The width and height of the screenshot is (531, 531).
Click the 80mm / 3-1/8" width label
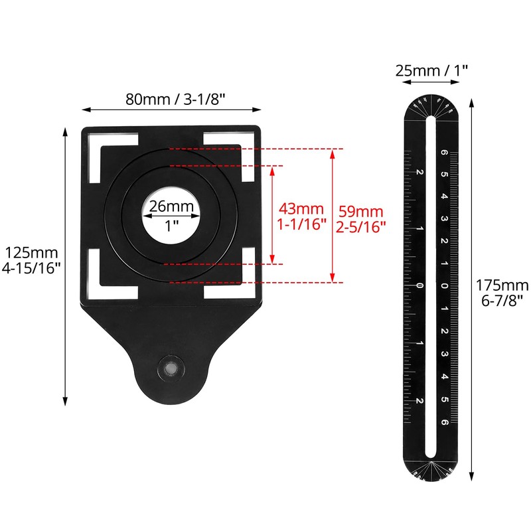(x=176, y=99)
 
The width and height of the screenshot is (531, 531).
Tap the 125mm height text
(x=32, y=253)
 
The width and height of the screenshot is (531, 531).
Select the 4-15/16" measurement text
(x=32, y=268)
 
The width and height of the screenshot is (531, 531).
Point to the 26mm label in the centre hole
(x=172, y=206)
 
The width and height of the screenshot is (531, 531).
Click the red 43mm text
(x=302, y=209)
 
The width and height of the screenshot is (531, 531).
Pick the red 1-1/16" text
(x=302, y=224)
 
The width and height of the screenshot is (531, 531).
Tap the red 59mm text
(x=361, y=212)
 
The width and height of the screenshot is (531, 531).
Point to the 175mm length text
(x=502, y=285)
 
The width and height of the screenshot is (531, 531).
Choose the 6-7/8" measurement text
(x=502, y=300)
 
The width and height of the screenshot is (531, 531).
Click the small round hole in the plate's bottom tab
(x=172, y=366)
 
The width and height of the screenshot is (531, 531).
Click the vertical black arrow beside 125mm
(x=65, y=265)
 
